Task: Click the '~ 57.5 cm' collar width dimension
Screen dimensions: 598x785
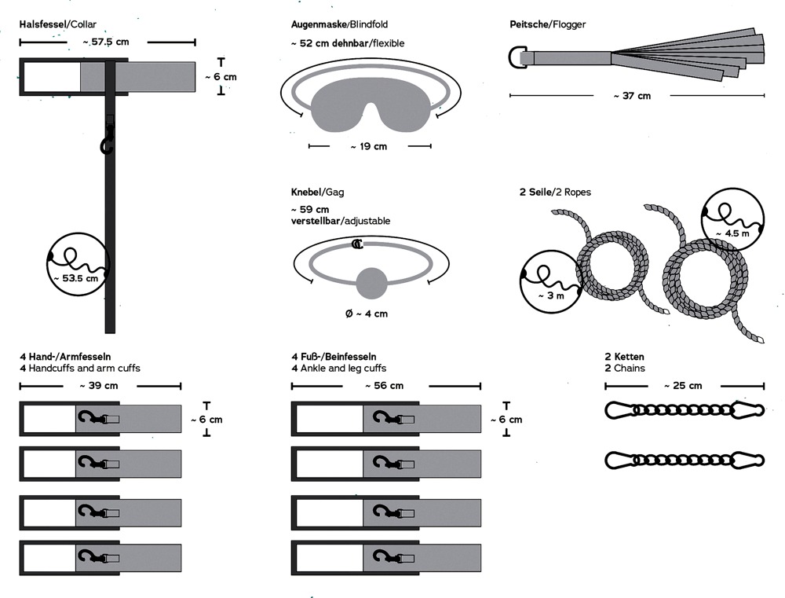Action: tap(106, 42)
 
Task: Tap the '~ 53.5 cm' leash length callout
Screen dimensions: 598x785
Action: tap(75, 277)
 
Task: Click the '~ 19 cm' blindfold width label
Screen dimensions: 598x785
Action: tap(369, 146)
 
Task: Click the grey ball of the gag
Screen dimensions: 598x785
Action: tap(371, 284)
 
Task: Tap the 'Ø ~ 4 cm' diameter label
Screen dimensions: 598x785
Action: tap(367, 314)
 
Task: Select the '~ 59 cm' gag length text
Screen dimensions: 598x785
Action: tap(310, 210)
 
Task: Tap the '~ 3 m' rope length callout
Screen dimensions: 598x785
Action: tap(550, 295)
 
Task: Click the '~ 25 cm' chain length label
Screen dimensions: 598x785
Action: tap(683, 386)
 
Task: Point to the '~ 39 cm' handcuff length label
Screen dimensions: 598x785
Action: tap(99, 386)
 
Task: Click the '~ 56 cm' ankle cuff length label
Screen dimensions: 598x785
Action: tap(385, 386)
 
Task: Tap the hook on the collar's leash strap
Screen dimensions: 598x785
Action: tap(106, 145)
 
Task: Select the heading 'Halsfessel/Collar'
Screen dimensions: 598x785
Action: tap(58, 24)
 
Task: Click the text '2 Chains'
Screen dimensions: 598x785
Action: tap(625, 368)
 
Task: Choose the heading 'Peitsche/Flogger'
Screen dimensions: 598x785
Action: tap(547, 24)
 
